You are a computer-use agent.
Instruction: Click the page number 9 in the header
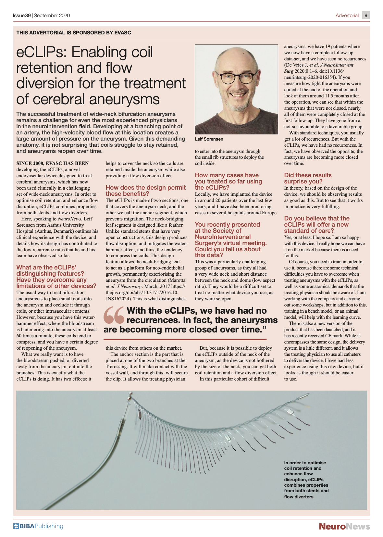366,15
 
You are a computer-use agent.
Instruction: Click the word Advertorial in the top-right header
347,16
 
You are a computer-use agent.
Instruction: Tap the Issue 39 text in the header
22,16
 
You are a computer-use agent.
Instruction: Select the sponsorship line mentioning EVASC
74,33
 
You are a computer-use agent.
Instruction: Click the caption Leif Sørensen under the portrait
209,139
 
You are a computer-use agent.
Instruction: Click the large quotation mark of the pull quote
114,315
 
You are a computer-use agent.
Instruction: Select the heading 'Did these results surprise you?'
308,178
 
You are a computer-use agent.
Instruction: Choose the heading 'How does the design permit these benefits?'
145,191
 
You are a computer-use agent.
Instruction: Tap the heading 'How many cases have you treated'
228,181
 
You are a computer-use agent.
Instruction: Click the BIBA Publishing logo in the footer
38,526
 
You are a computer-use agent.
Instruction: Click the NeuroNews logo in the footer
344,526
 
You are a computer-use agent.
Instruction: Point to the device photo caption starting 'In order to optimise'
306,480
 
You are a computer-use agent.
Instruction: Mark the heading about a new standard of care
316,224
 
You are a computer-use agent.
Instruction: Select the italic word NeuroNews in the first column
69,219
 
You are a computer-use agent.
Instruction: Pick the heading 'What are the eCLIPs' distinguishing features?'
56,277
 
